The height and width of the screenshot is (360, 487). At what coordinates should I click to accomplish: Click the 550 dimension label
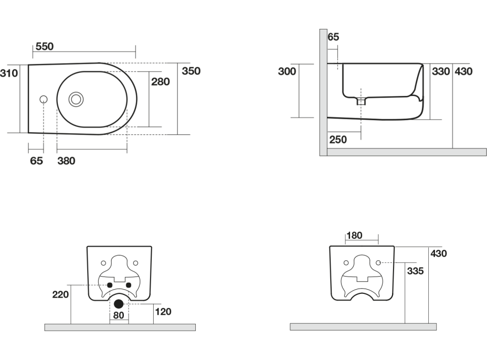45,47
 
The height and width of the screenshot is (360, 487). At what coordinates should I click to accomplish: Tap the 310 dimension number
9,73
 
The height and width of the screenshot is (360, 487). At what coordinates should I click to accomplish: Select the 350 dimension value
191,71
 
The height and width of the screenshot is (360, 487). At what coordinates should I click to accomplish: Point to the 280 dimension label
160,81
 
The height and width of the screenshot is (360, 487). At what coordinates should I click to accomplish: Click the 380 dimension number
66,161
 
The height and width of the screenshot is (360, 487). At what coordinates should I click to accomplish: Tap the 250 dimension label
338,139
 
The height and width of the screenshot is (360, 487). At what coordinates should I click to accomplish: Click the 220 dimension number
60,294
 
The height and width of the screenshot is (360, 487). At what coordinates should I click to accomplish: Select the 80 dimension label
118,315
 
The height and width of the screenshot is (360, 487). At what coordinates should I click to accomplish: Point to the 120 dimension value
163,312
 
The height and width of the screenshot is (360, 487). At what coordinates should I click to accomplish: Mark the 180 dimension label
354,236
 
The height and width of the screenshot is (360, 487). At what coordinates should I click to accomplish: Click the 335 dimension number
416,271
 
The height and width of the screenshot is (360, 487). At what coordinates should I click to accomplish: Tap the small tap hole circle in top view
43,99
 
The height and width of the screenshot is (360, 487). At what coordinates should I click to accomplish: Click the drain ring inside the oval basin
77,98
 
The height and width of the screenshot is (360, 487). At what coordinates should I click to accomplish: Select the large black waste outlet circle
119,303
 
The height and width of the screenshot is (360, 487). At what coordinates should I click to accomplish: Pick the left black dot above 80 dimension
109,285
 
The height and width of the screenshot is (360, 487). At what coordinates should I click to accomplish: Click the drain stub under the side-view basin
361,101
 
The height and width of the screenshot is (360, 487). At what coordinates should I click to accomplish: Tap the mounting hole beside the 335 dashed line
378,262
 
